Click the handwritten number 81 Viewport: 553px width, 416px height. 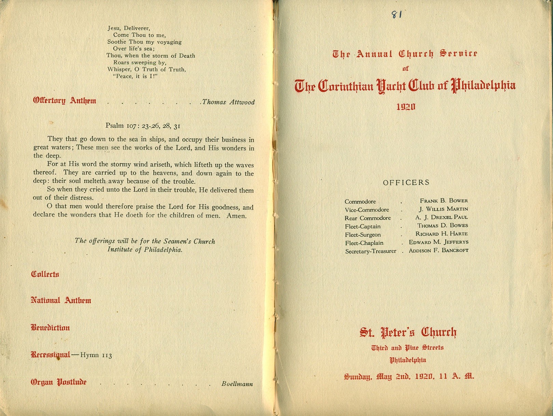point(396,14)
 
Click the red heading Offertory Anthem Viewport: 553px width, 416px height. point(65,101)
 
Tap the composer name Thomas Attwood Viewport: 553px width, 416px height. point(228,102)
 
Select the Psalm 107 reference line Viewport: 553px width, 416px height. point(143,126)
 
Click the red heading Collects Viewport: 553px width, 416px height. point(45,274)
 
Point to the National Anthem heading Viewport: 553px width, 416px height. point(61,301)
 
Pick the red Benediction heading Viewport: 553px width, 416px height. point(50,328)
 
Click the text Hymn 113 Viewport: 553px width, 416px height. point(96,355)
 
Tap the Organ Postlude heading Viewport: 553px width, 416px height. point(58,382)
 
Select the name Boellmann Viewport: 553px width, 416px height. point(237,384)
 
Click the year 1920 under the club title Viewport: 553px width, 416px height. point(406,107)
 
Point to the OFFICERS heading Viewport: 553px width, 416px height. point(406,183)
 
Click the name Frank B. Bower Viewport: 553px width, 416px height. point(444,201)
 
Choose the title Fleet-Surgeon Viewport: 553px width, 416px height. point(363,235)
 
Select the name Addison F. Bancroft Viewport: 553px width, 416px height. point(439,250)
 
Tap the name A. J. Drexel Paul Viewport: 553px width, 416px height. point(442,217)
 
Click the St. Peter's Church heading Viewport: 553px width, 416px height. point(408,332)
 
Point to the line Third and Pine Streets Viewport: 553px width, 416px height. point(407,348)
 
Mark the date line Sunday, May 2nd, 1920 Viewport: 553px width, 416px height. point(409,377)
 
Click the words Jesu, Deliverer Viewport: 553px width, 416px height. point(129,28)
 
